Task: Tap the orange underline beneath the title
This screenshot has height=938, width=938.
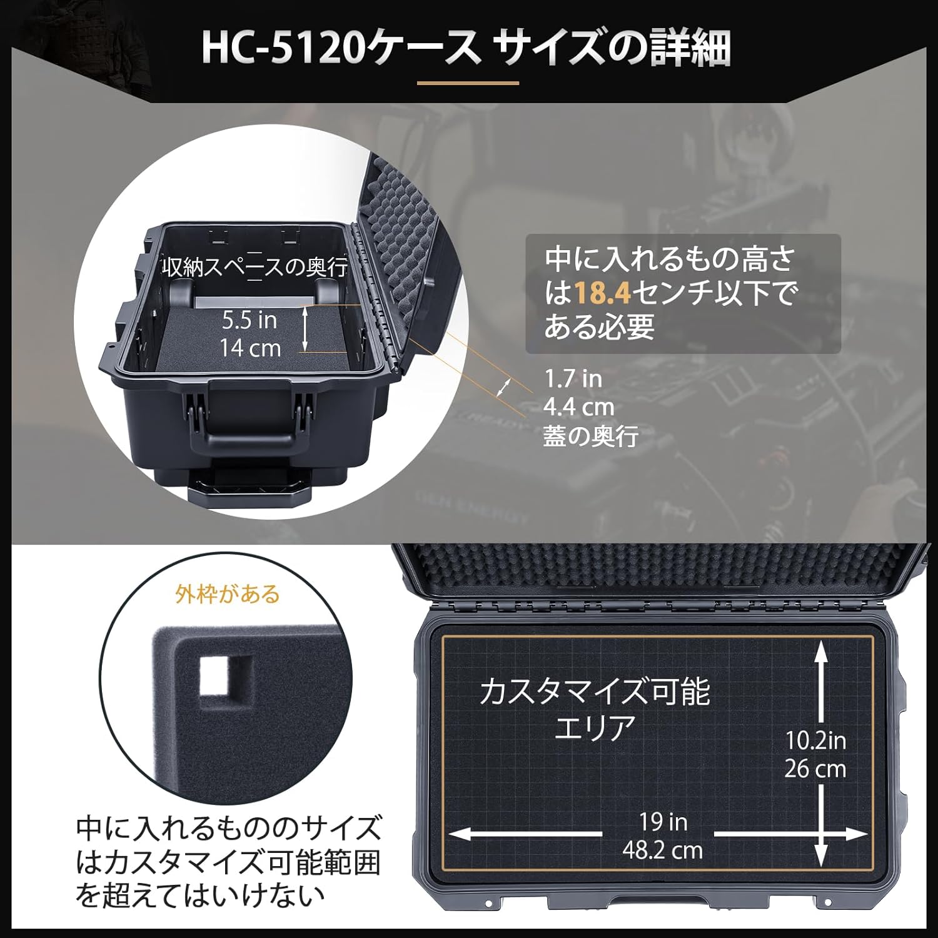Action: click(x=468, y=82)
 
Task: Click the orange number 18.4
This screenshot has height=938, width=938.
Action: click(x=602, y=293)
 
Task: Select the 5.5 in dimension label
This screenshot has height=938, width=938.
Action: click(x=250, y=320)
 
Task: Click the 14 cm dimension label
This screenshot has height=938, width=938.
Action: click(x=250, y=348)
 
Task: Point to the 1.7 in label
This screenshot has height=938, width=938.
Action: click(x=573, y=378)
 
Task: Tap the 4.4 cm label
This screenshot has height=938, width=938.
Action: click(x=578, y=407)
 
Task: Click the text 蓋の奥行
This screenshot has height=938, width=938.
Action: click(x=590, y=436)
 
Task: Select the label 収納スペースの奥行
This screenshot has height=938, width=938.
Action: click(x=255, y=268)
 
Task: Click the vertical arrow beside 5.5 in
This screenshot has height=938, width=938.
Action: click(x=305, y=328)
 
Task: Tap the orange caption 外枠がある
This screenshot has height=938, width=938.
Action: click(x=228, y=593)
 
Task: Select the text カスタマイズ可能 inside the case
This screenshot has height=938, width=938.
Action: click(x=595, y=692)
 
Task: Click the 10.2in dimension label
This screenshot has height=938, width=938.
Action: click(x=815, y=740)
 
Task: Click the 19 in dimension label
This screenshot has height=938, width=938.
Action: click(x=663, y=822)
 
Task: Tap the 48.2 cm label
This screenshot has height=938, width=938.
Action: click(x=662, y=850)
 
